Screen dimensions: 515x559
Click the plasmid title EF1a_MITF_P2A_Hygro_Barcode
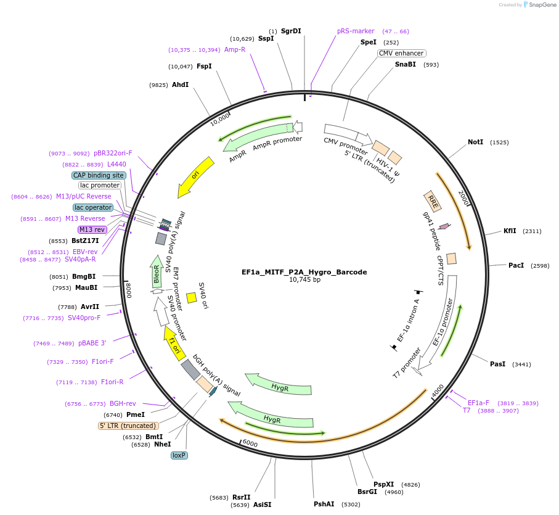tap(304, 272)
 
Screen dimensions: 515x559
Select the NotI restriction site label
tap(475, 142)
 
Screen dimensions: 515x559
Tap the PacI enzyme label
tap(516, 266)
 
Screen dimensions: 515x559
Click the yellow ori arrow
tap(195, 177)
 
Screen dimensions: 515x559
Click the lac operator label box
tap(93, 207)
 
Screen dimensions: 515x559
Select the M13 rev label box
tap(92, 229)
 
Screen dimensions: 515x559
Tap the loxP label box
tap(179, 455)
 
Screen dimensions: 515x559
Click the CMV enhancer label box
tap(401, 53)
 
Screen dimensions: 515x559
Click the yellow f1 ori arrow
tap(174, 344)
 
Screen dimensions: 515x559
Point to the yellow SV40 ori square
tap(192, 298)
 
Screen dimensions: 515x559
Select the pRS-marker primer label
tap(356, 31)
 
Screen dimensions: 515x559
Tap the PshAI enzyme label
tap(324, 504)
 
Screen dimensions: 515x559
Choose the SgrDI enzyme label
tap(291, 31)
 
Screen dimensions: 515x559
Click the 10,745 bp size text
tap(304, 280)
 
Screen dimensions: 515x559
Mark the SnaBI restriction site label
tap(406, 64)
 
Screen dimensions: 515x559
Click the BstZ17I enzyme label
tap(85, 241)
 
